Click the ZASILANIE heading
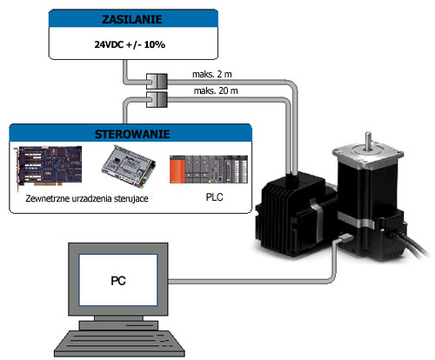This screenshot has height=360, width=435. [132, 19]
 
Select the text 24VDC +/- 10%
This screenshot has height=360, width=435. [130, 44]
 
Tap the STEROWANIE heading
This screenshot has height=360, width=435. [132, 134]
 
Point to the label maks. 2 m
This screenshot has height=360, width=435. [212, 74]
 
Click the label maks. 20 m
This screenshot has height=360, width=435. [216, 90]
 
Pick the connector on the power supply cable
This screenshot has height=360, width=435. [157, 82]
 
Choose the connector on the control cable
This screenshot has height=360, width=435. [157, 100]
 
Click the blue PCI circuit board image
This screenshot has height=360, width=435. [49, 167]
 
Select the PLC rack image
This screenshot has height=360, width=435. [209, 170]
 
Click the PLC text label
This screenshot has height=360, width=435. [214, 197]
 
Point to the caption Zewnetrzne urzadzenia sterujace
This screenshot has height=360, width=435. [87, 198]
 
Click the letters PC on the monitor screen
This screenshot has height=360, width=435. [118, 281]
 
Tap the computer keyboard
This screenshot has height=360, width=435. [119, 344]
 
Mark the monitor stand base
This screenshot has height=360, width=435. [118, 325]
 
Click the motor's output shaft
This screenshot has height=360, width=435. [368, 141]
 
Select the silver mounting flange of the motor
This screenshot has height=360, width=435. [368, 157]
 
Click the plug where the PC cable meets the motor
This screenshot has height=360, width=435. [346, 239]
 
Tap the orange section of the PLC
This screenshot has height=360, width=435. [177, 170]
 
